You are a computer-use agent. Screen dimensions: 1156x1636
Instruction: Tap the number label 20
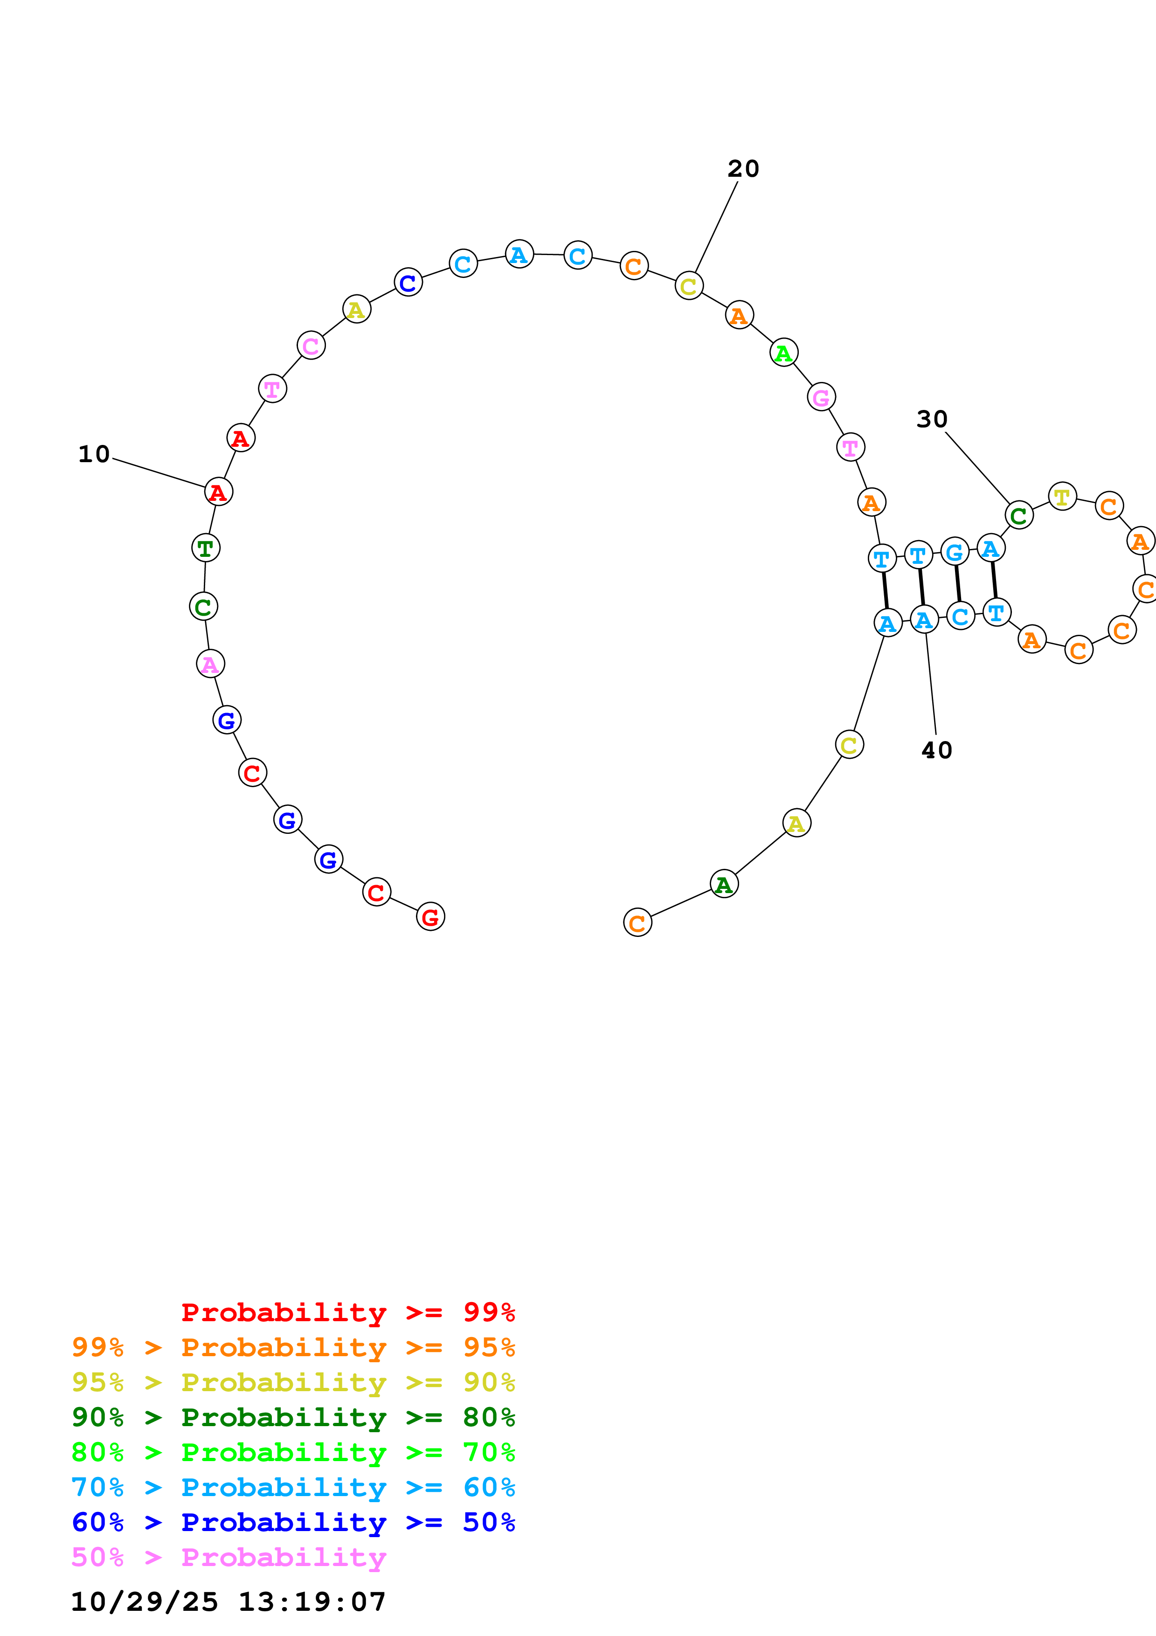(743, 169)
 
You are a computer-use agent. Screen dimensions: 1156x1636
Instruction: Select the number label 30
(932, 419)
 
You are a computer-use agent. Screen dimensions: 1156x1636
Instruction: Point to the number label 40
(937, 750)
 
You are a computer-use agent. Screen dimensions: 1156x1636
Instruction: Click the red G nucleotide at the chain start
(430, 917)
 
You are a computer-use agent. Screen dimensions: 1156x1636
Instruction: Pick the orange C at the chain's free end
(637, 923)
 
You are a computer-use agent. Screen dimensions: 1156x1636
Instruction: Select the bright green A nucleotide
(783, 353)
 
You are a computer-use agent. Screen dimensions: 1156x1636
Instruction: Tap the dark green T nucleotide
(206, 548)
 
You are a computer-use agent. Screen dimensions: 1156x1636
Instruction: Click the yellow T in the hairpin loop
(1062, 497)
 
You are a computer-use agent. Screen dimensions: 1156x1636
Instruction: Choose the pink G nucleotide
(821, 397)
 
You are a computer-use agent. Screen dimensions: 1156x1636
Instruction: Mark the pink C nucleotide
(311, 346)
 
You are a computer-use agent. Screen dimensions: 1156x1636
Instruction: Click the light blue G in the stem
(955, 552)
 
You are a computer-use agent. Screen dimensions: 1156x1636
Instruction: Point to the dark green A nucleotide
(724, 884)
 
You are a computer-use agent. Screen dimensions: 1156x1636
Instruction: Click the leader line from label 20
(716, 228)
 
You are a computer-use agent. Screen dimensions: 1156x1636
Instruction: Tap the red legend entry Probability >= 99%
(347, 1312)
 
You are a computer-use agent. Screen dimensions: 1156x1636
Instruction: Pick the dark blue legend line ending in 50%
(293, 1522)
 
